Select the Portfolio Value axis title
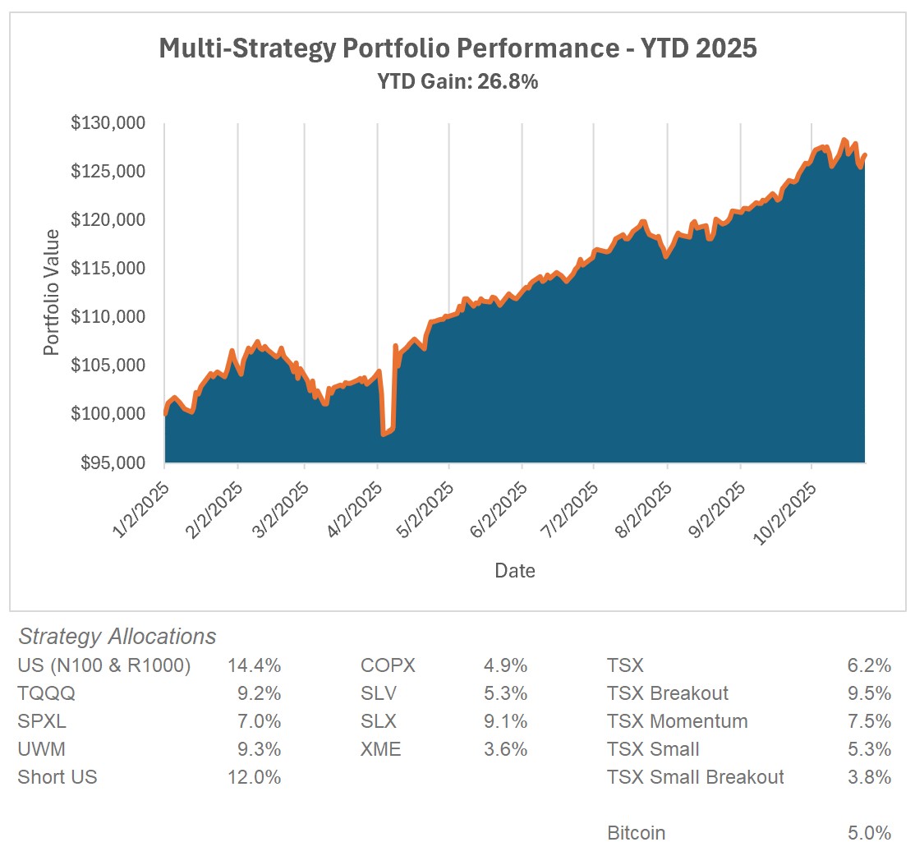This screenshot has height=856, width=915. (x=52, y=292)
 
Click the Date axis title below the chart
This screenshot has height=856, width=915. (x=515, y=570)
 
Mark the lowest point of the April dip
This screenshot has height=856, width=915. (x=384, y=434)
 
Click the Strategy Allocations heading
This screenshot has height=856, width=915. (x=117, y=637)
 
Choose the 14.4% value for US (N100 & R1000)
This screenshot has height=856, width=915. (x=254, y=665)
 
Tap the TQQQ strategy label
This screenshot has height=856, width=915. (x=46, y=693)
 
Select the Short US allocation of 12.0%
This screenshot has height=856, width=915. (x=254, y=777)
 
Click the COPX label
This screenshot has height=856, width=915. (x=388, y=665)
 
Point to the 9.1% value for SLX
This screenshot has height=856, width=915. (x=506, y=721)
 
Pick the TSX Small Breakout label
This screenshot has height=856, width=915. (x=696, y=777)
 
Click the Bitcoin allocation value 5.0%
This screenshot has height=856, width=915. (x=871, y=833)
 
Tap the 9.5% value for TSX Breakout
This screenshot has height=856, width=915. (x=871, y=693)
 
